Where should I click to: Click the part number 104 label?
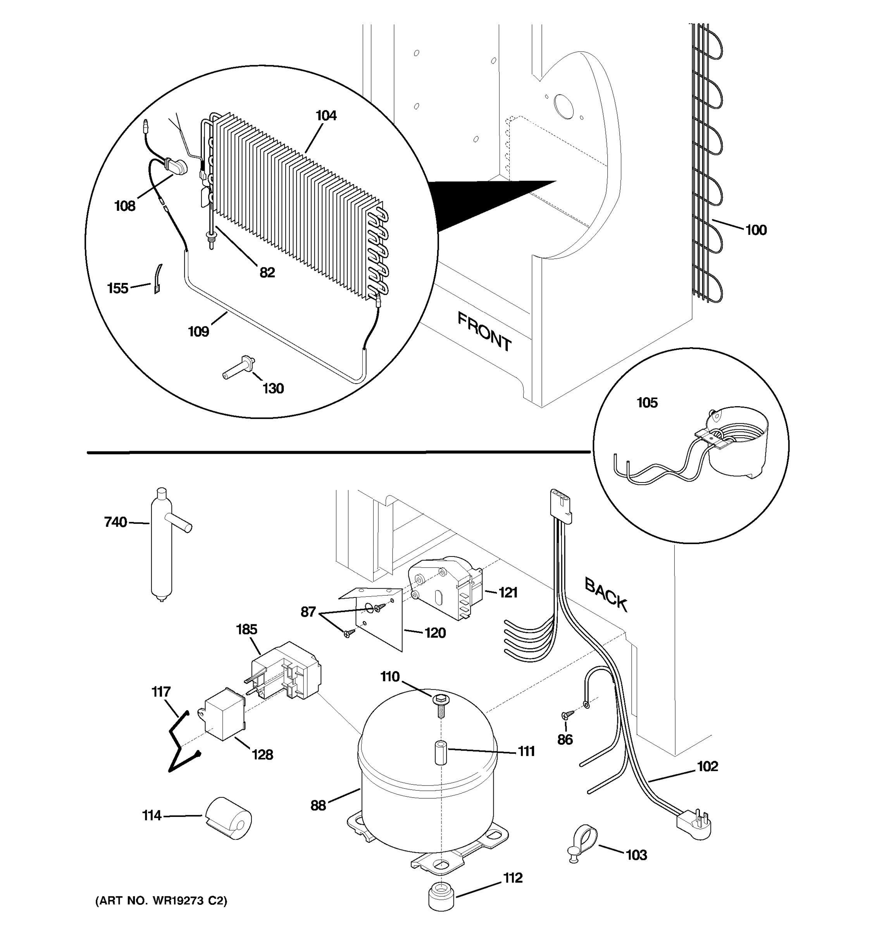coord(326,115)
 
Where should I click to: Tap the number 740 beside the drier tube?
coord(115,522)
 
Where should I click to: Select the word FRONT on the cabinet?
coord(484,332)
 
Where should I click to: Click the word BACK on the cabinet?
coord(606,594)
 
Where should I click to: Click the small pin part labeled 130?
coord(239,368)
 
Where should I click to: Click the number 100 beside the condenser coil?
coord(755,230)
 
